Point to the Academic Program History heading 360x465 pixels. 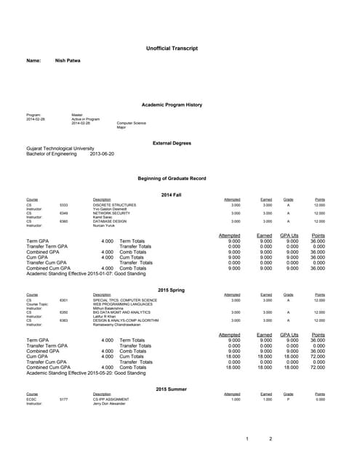[x=172, y=105]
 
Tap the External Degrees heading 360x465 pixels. [x=172, y=143]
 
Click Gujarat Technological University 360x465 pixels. [x=60, y=149]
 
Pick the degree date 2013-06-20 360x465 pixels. [x=102, y=155]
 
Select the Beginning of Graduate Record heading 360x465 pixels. [x=172, y=178]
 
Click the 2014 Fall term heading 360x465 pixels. [x=172, y=195]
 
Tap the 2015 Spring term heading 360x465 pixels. [x=172, y=290]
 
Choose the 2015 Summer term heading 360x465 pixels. [x=172, y=389]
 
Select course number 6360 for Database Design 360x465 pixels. [x=63, y=221]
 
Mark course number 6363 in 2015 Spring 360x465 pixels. [x=63, y=320]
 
